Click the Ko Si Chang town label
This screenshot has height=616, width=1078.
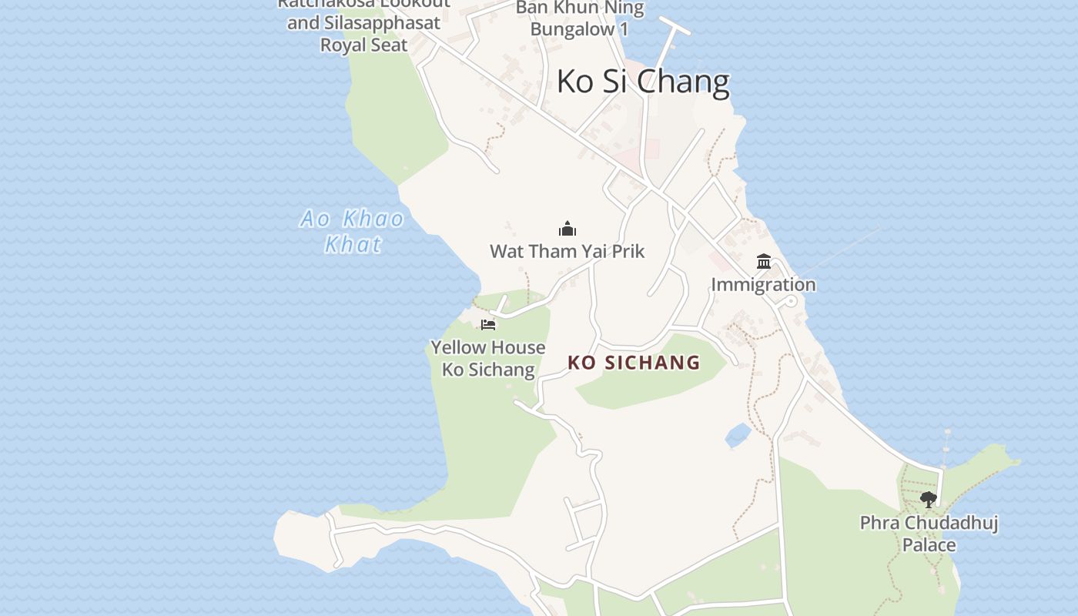pos(642,81)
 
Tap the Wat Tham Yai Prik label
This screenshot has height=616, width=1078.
pos(567,251)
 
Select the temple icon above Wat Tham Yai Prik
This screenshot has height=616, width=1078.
pos(567,229)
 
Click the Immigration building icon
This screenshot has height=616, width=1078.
pos(764,262)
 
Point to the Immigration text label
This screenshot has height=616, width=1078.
pos(763,284)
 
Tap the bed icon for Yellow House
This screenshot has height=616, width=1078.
pos(488,324)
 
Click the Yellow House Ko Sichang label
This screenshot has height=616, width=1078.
pos(488,358)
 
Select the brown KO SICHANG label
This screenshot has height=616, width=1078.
pos(634,362)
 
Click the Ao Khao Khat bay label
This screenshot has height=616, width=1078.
pos(353,231)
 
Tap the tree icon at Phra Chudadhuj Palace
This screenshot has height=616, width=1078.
pos(929,499)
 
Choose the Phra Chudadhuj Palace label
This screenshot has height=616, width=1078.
pos(929,534)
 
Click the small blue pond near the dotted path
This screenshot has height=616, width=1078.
pos(738,436)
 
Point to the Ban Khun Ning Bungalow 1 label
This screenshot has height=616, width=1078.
pos(580,18)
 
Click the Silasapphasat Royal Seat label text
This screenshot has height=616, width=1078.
pos(363,34)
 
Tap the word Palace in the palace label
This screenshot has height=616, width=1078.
pos(929,545)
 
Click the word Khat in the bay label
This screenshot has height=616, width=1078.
pos(353,245)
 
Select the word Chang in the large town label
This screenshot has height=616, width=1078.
pos(687,81)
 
